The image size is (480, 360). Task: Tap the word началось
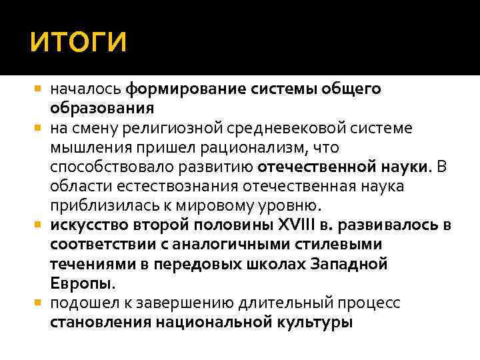pos(86,89)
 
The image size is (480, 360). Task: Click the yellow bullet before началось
pos(38,89)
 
